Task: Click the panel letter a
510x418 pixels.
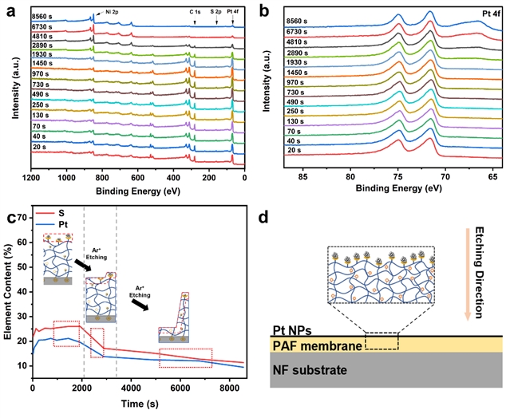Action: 11,10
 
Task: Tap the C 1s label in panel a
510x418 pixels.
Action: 196,12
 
